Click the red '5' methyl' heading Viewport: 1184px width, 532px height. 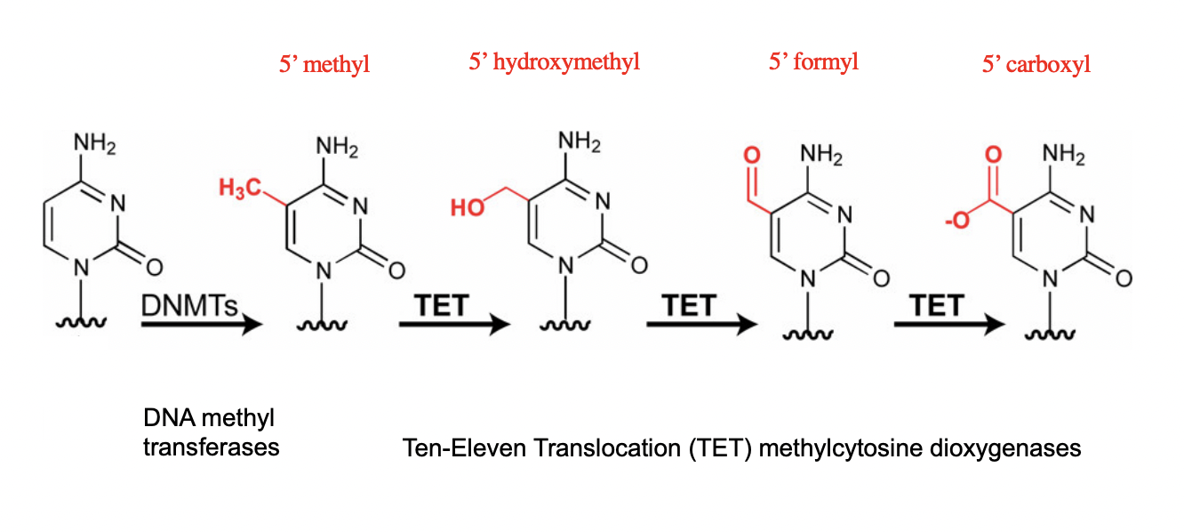(x=324, y=65)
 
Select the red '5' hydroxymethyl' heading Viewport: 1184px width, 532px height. (x=554, y=62)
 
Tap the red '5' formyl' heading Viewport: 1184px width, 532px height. (x=813, y=62)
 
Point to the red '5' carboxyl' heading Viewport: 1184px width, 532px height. (x=1036, y=65)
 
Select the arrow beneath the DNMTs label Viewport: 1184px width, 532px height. (x=202, y=324)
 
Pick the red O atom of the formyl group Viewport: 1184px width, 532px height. (x=752, y=157)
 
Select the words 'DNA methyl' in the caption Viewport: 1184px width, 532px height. (x=208, y=418)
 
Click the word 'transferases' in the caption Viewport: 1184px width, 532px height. (x=212, y=447)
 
